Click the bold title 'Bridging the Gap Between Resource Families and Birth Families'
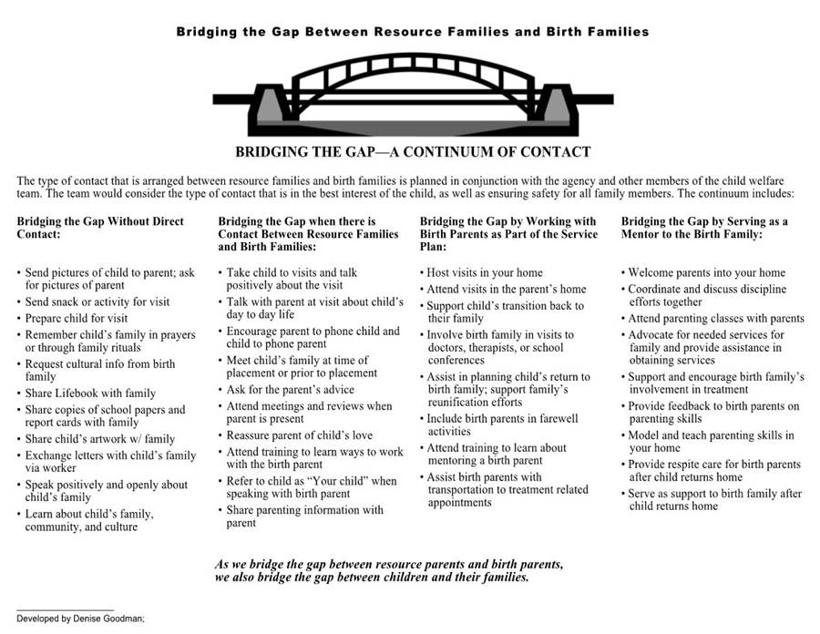pyautogui.click(x=413, y=32)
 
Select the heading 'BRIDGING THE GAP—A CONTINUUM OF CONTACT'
pyautogui.click(x=413, y=152)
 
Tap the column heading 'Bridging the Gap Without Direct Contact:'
pyautogui.click(x=100, y=228)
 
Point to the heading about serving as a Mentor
pyautogui.click(x=704, y=228)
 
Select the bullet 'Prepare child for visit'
pyautogui.click(x=77, y=318)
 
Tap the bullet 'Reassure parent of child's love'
pyautogui.click(x=300, y=435)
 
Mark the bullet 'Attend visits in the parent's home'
pyautogui.click(x=507, y=289)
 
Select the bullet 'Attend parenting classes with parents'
pyautogui.click(x=716, y=318)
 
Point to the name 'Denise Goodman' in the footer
pyautogui.click(x=104, y=618)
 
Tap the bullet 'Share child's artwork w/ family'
pyautogui.click(x=100, y=438)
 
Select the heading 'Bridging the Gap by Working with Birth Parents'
pyautogui.click(x=507, y=234)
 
